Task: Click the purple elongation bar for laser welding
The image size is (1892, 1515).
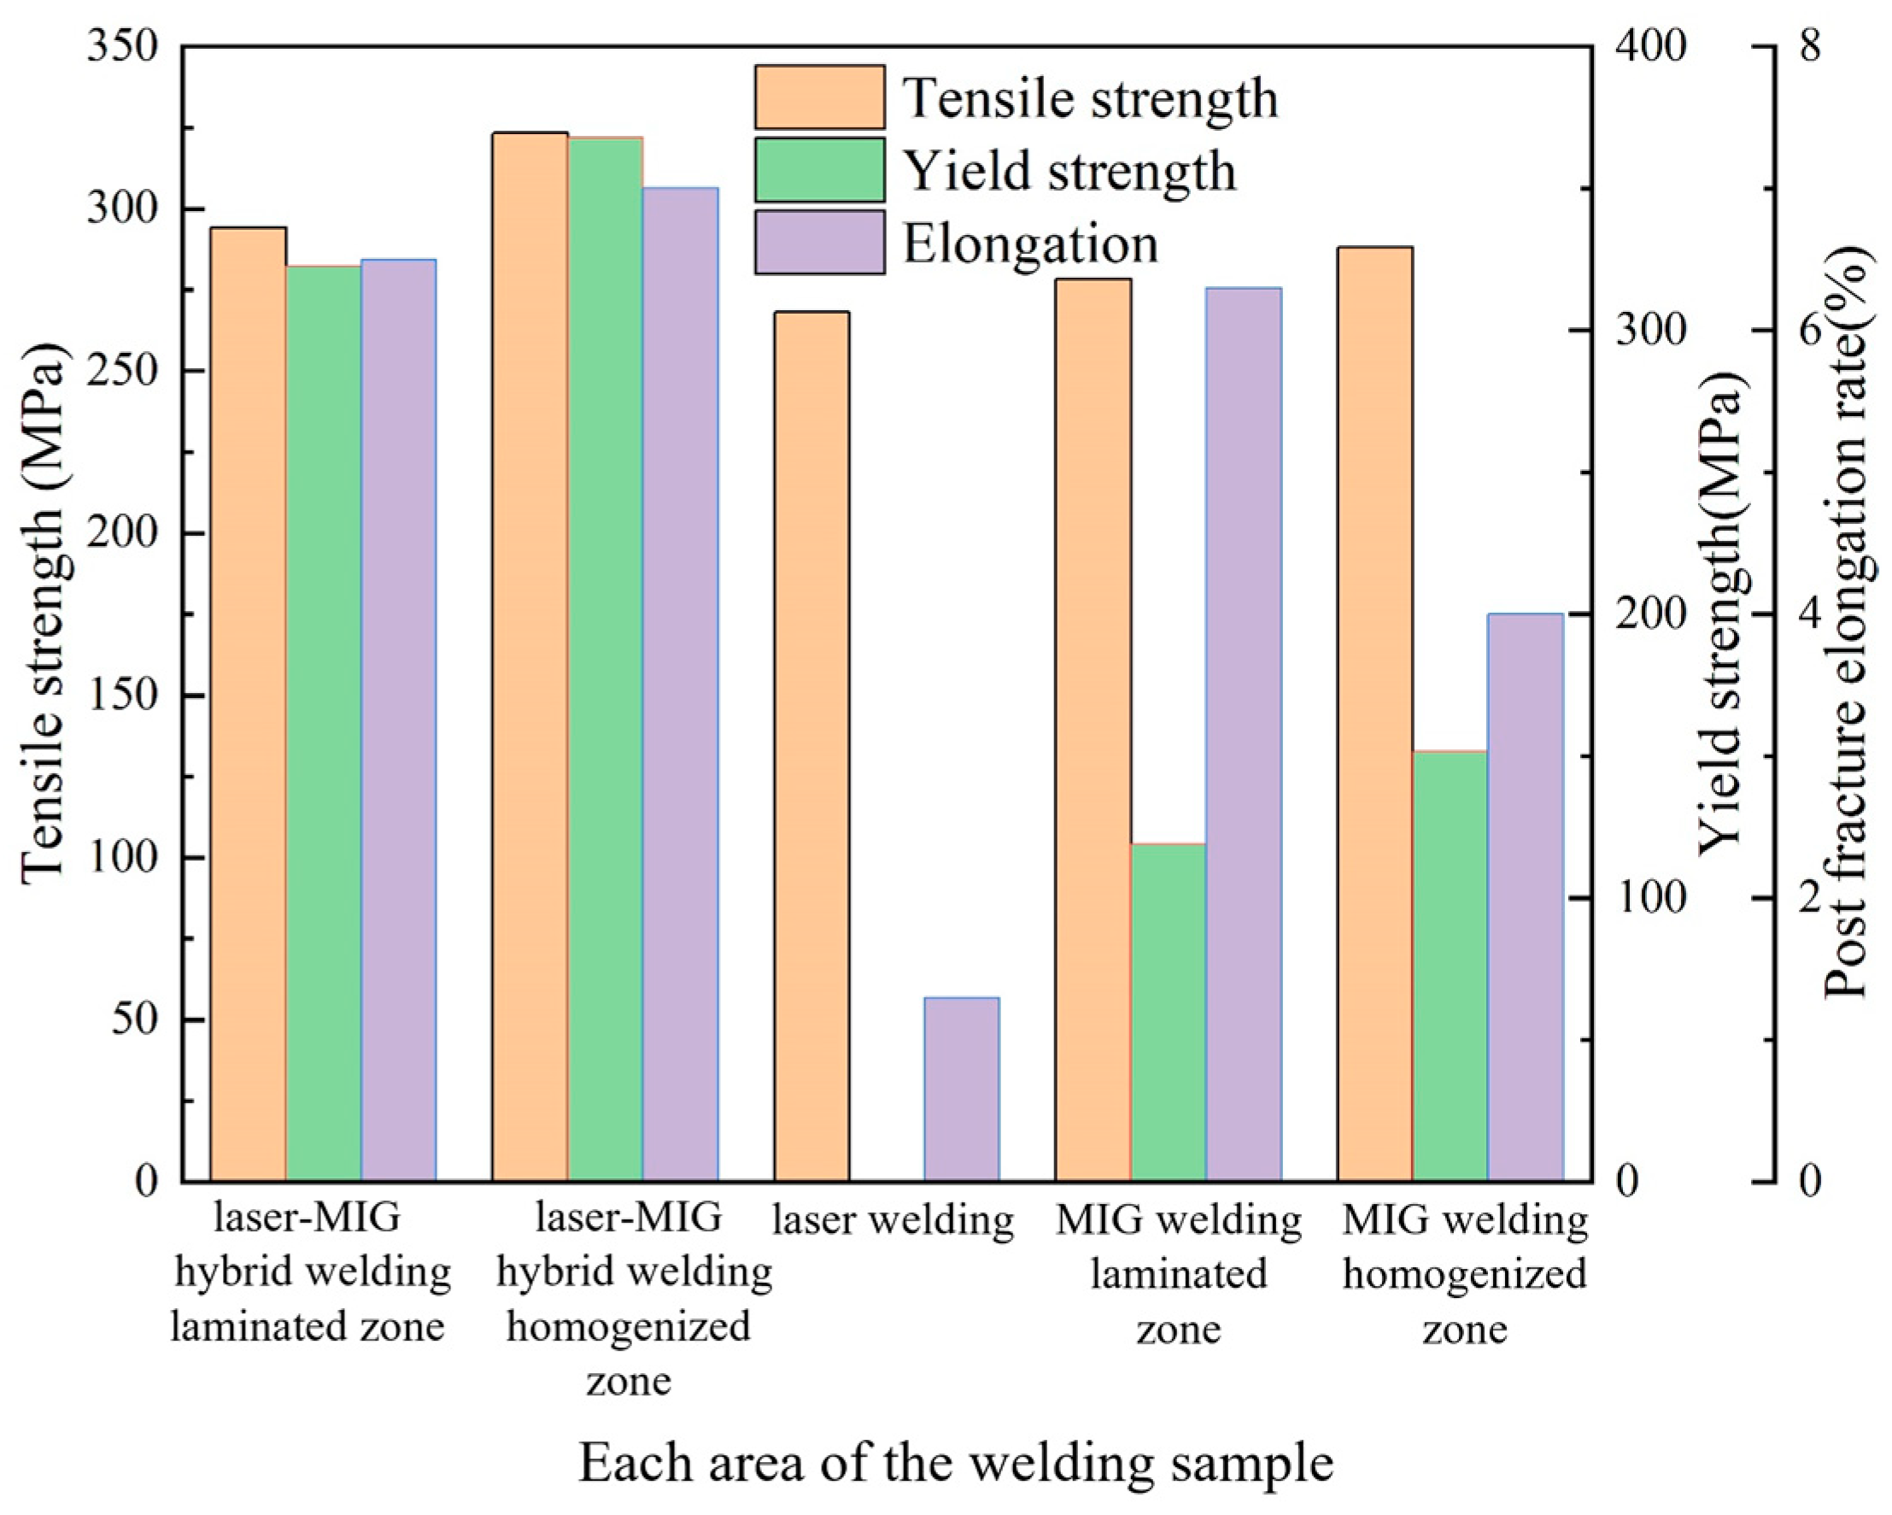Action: coord(962,1089)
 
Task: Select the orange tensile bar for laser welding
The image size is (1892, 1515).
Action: coord(811,746)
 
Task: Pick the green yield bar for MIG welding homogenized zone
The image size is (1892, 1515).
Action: coord(1450,966)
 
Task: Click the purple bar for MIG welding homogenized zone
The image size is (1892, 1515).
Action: coord(1526,895)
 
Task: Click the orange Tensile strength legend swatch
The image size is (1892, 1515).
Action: coord(820,97)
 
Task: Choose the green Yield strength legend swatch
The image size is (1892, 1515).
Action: coord(820,169)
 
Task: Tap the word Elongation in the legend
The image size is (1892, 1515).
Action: coord(1031,244)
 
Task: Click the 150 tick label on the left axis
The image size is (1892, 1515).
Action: coord(122,696)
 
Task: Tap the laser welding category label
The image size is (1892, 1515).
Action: coord(893,1219)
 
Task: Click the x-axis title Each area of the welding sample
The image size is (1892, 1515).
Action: coord(956,1461)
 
